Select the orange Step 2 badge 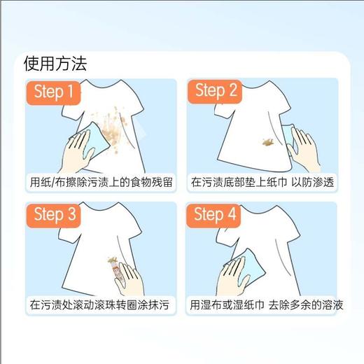click(x=217, y=91)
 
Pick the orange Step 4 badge click(x=217, y=215)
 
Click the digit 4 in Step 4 click(x=232, y=215)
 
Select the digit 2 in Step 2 click(x=232, y=91)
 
